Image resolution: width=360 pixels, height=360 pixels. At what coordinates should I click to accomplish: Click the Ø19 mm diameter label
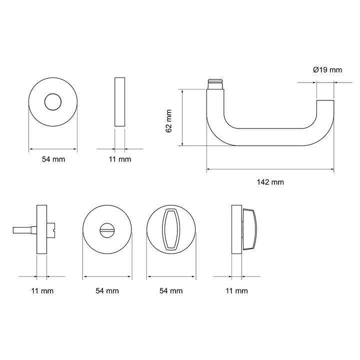(327, 70)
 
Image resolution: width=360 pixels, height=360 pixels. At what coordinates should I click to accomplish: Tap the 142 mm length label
(270, 182)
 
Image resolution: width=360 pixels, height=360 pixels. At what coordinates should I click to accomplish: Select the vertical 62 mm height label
(169, 121)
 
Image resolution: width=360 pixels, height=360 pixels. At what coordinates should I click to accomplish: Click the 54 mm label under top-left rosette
(53, 159)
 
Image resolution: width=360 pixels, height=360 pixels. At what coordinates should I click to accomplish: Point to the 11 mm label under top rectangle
(120, 159)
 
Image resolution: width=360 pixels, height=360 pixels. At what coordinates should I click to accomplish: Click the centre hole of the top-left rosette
(53, 101)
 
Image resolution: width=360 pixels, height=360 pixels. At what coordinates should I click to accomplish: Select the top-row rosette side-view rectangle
(120, 101)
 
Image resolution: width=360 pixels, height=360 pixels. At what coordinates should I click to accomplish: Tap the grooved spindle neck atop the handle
(215, 84)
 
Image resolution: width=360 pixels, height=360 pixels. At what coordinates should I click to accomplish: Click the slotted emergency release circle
(107, 229)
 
